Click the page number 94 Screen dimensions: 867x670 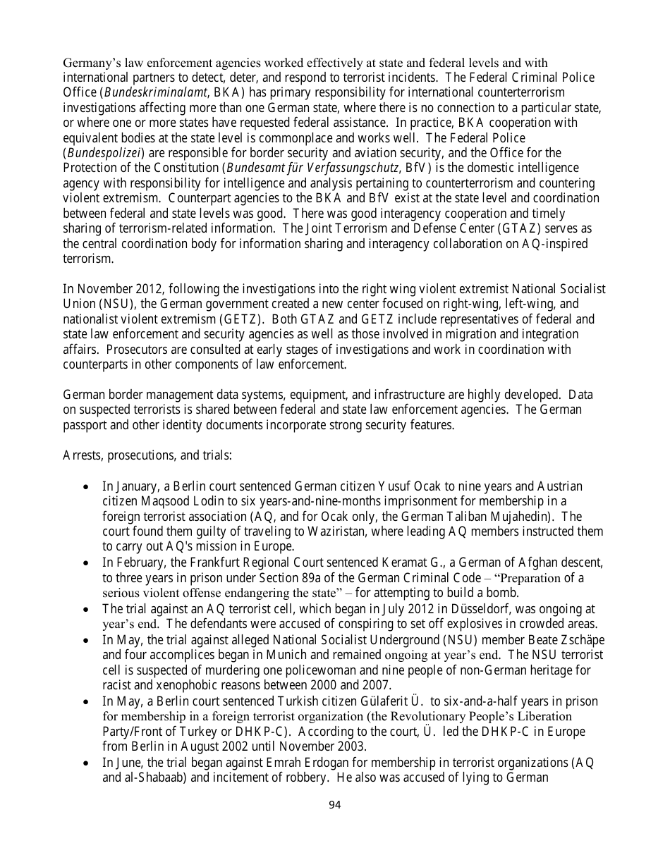(x=335, y=805)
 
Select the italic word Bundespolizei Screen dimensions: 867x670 (x=104, y=152)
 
